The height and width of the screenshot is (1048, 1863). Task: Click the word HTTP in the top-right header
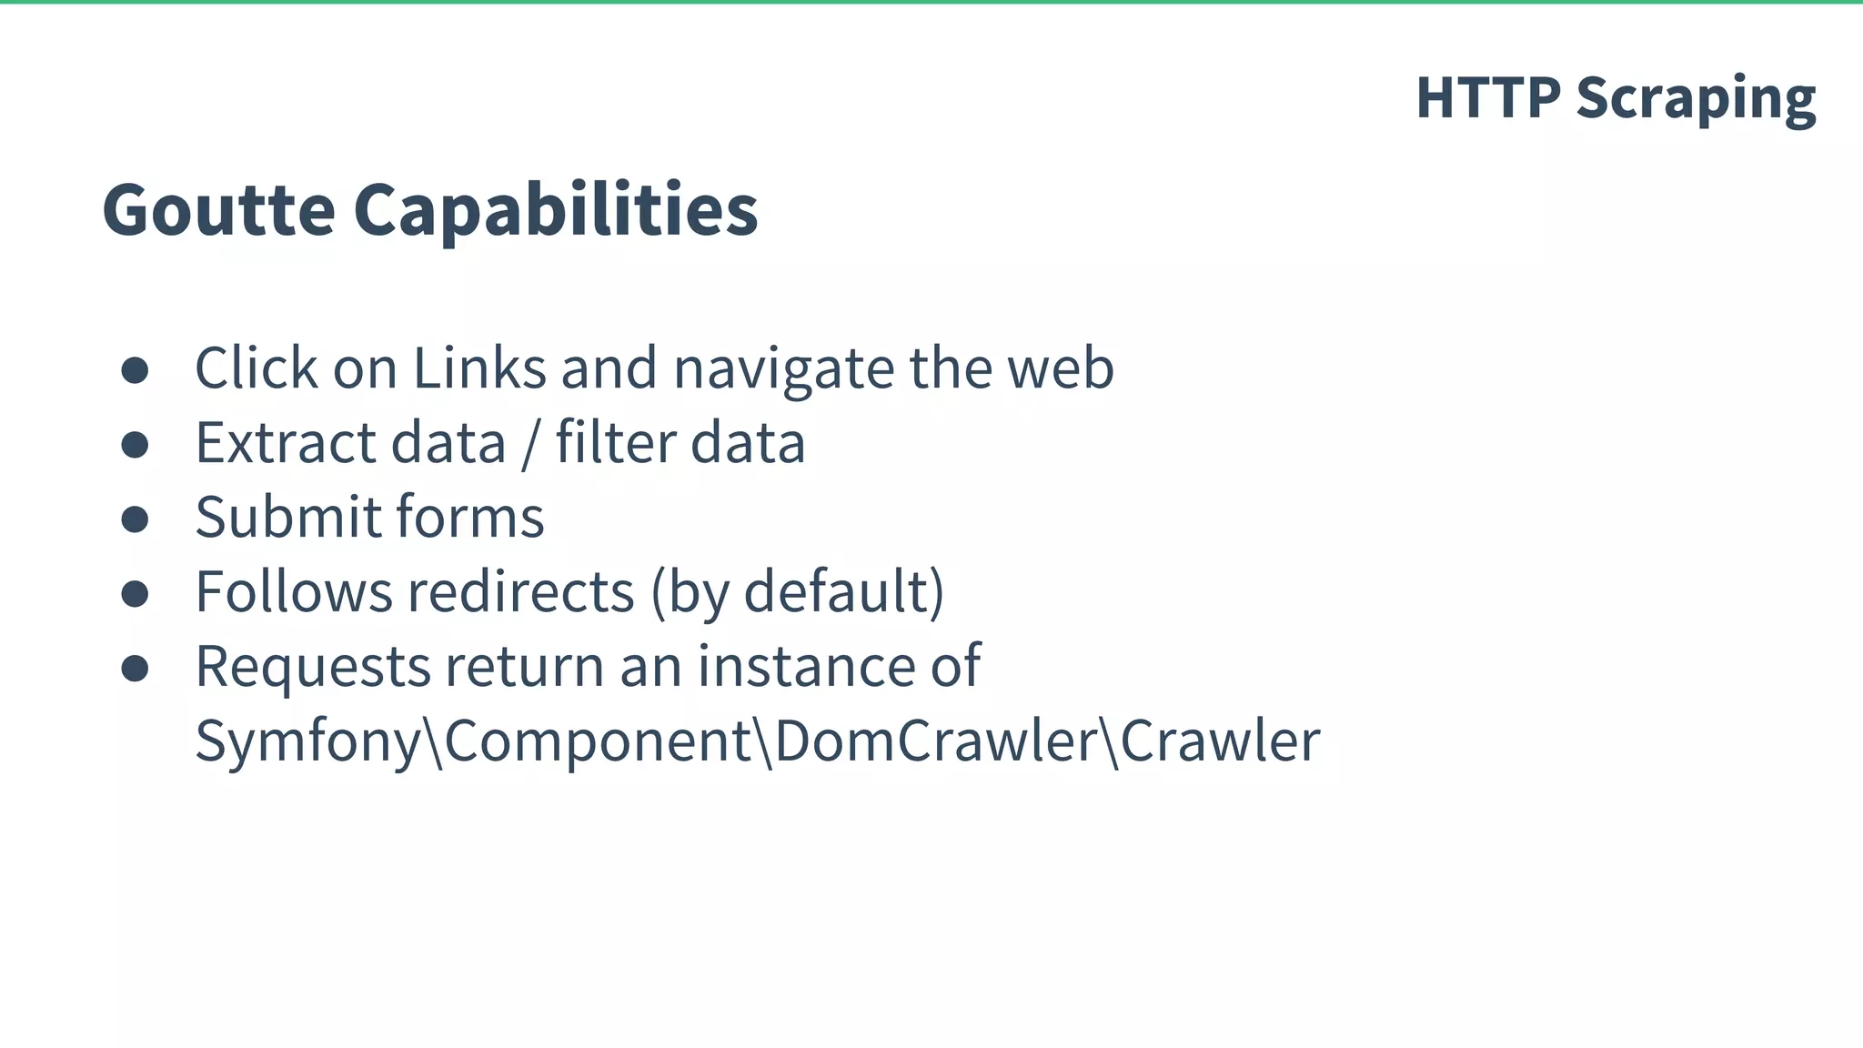pyautogui.click(x=1488, y=97)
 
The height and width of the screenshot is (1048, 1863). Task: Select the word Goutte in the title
pyautogui.click(x=219, y=209)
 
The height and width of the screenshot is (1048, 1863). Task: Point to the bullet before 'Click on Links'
pyautogui.click(x=135, y=370)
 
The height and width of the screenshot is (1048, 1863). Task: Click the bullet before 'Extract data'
pyautogui.click(x=135, y=445)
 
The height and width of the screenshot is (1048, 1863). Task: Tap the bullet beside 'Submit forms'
pyautogui.click(x=135, y=519)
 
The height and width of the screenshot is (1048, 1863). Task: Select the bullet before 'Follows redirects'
pyautogui.click(x=135, y=594)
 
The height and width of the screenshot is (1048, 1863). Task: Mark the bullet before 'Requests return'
pyautogui.click(x=135, y=669)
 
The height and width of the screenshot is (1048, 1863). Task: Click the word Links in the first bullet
pyautogui.click(x=479, y=368)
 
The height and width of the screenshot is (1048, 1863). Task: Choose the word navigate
pyautogui.click(x=783, y=370)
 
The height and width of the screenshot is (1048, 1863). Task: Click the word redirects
pyautogui.click(x=520, y=592)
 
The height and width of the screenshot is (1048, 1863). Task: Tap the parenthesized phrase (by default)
pyautogui.click(x=798, y=592)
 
